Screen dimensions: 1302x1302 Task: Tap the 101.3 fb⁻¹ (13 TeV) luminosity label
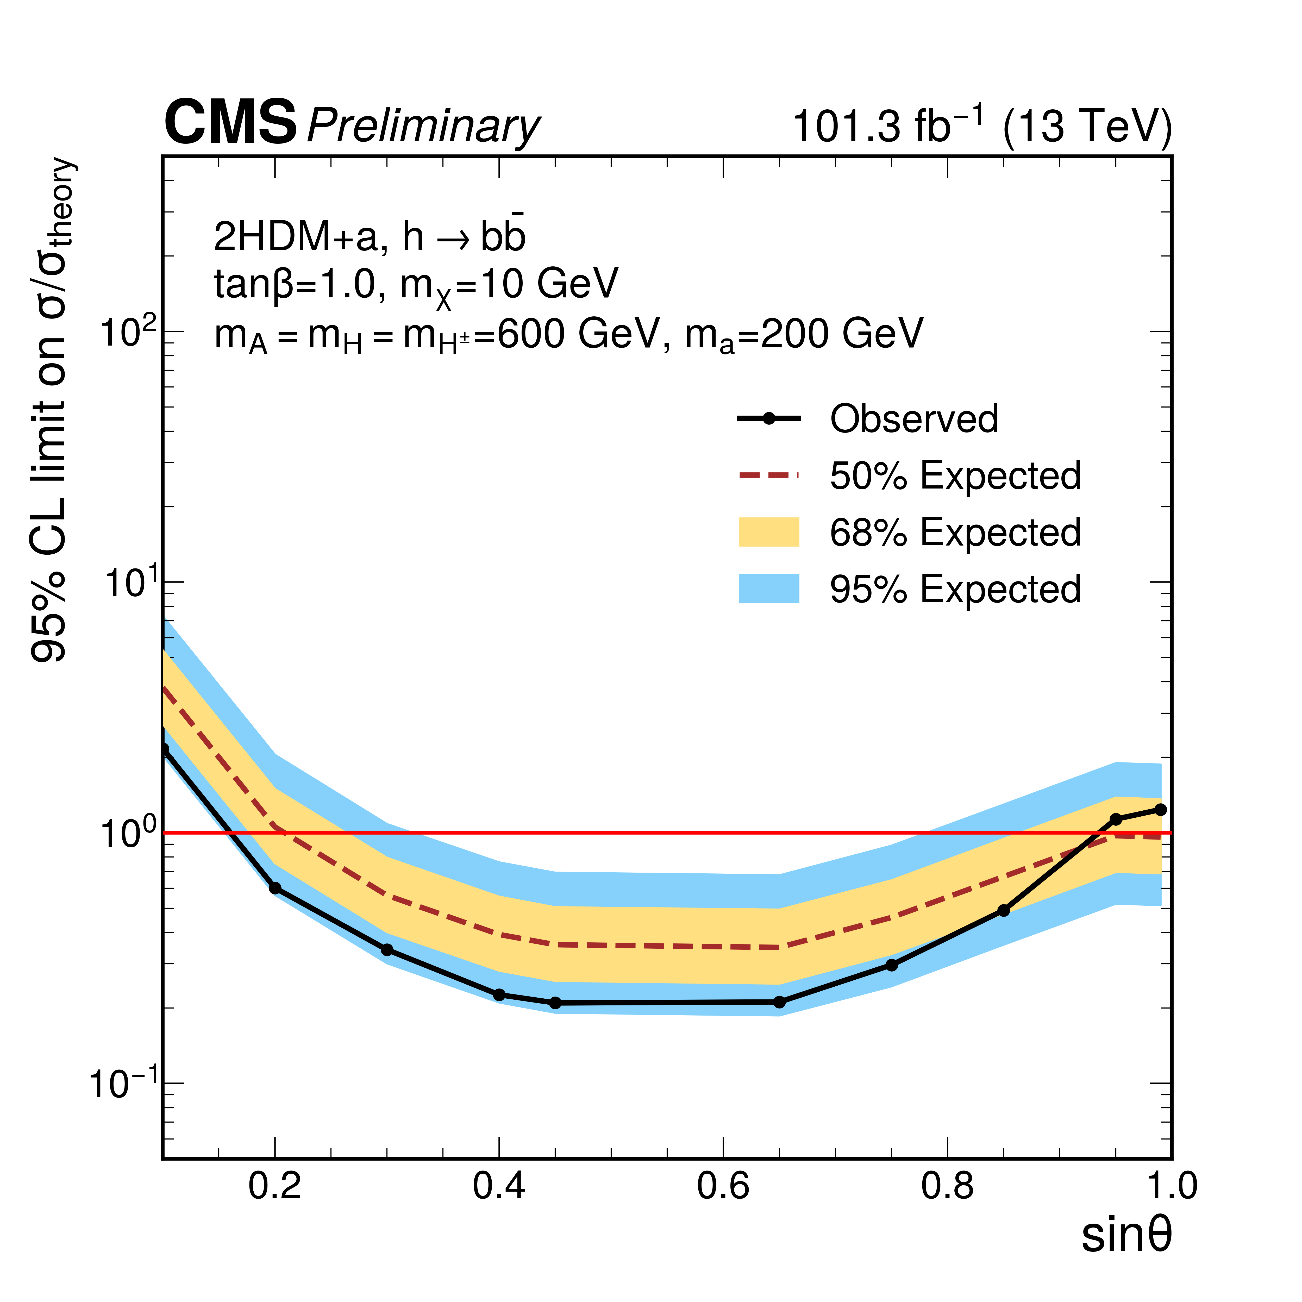tap(981, 125)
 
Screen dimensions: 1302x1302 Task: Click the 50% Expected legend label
tap(955, 476)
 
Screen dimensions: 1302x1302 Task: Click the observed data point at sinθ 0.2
tap(275, 888)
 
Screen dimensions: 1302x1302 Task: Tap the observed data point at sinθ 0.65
tap(780, 1002)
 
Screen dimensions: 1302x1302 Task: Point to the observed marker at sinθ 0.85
tap(1004, 910)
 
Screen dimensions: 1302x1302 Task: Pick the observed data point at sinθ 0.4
tap(499, 995)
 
